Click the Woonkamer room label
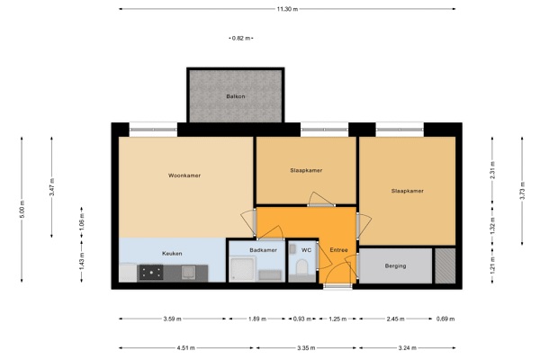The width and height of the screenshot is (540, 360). coord(184,175)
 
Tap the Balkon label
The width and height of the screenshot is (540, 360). coord(236,96)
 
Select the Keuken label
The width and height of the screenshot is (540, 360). coord(172,253)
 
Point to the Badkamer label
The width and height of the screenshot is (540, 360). coord(263,250)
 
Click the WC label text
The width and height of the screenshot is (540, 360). coord(306,250)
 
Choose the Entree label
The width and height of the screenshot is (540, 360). coord(338,250)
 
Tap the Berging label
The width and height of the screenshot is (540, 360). coord(395,265)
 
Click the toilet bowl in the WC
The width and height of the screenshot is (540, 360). coord(301,267)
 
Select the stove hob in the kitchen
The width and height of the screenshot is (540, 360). coord(151,273)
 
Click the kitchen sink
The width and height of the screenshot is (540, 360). coord(188,272)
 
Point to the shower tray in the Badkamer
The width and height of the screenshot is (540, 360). coord(242,269)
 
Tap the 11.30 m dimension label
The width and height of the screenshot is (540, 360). coord(287,9)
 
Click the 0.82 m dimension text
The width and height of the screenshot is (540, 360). coord(241,38)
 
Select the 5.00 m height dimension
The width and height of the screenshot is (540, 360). coord(22,209)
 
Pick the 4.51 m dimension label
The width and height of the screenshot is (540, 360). coord(185,348)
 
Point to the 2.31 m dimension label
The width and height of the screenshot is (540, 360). coord(493,170)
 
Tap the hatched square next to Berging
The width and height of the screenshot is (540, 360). coord(445,265)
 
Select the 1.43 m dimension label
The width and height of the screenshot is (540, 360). coord(82,262)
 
